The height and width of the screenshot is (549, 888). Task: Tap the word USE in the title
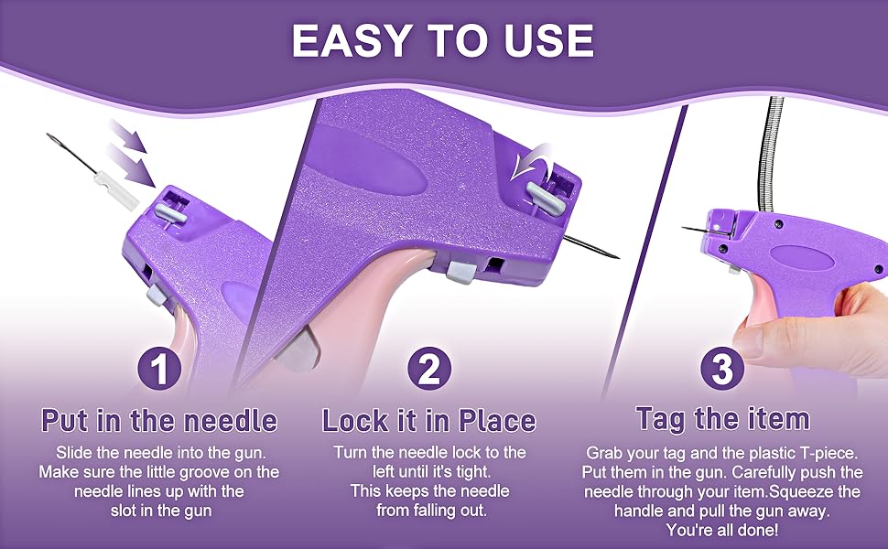tap(547, 40)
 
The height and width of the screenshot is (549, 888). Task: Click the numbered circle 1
tap(160, 369)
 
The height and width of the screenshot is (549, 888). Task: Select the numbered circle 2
tap(430, 369)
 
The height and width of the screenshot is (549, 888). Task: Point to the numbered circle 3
tap(722, 369)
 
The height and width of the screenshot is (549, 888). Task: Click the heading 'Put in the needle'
tap(159, 421)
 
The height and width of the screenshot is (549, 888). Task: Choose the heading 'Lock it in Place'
tap(429, 421)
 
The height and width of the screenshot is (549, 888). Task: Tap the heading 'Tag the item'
tap(723, 419)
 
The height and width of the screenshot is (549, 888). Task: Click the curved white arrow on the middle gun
tap(529, 161)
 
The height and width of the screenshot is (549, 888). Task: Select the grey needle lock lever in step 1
tap(171, 213)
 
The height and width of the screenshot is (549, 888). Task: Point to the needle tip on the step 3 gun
tap(683, 228)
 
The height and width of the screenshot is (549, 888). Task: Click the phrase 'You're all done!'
tap(722, 531)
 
